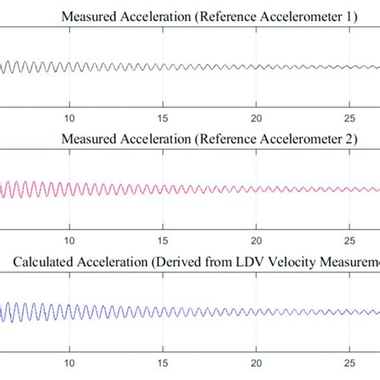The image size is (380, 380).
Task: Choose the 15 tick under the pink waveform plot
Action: pos(164,238)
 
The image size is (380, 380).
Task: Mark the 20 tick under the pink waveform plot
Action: pos(257,238)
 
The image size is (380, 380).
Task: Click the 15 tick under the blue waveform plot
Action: pos(164,362)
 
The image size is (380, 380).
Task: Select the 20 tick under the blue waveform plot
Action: pos(257,362)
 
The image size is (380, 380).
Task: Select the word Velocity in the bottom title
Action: pos(270,263)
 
